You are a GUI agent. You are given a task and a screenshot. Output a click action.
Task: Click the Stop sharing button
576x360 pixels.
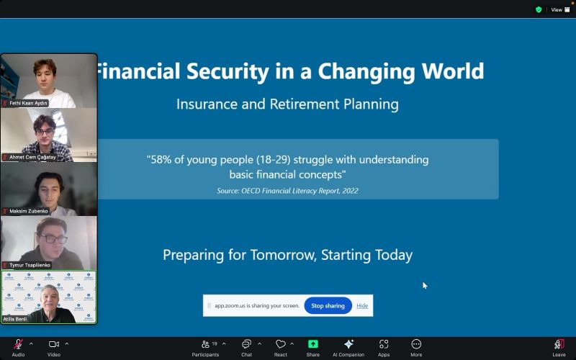coord(328,305)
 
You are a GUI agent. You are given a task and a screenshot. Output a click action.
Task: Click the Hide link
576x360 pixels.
coord(362,305)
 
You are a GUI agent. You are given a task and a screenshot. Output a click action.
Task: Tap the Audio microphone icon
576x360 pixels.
coord(18,344)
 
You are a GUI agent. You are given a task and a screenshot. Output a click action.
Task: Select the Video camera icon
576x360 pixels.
coord(53,344)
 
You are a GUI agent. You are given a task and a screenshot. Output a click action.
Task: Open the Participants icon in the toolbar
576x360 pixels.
coord(205,344)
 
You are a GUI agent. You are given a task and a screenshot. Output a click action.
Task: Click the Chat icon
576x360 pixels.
coord(246,344)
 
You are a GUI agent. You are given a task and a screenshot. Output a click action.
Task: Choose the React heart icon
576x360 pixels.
coord(281,344)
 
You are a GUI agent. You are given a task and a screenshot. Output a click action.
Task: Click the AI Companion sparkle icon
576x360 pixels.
coord(348,344)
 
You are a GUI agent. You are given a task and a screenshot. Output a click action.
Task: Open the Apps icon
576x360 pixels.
coord(384,344)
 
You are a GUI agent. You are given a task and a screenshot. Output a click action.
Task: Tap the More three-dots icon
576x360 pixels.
coord(416,344)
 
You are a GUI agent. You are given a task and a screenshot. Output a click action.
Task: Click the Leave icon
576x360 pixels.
coord(559,344)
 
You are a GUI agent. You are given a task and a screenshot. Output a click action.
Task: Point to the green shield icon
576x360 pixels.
coord(539,10)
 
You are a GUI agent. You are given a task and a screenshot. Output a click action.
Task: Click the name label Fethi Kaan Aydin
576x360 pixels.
coord(28,103)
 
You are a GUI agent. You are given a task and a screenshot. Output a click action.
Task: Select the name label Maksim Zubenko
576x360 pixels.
coord(29,211)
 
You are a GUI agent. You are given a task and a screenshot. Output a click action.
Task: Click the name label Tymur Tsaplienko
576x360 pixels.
coord(30,265)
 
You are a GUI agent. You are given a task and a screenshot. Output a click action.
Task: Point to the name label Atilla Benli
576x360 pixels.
coord(15,319)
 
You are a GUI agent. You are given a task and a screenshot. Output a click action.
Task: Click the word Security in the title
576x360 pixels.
coord(228,71)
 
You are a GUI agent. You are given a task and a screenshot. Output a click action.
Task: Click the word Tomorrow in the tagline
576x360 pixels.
coord(283,255)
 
